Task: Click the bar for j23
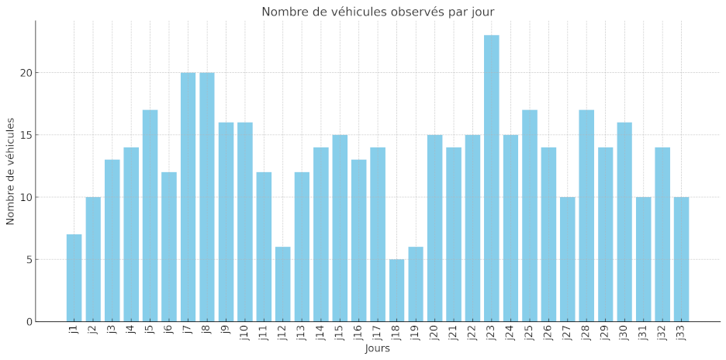point(492,178)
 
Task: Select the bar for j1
point(74,278)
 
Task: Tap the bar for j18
point(396,290)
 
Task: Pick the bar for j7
point(188,197)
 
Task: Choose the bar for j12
point(282,284)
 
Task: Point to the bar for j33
point(681,259)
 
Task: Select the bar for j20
point(434,228)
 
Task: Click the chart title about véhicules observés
point(378,12)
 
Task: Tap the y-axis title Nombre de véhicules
point(11,171)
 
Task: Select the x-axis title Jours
point(378,349)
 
